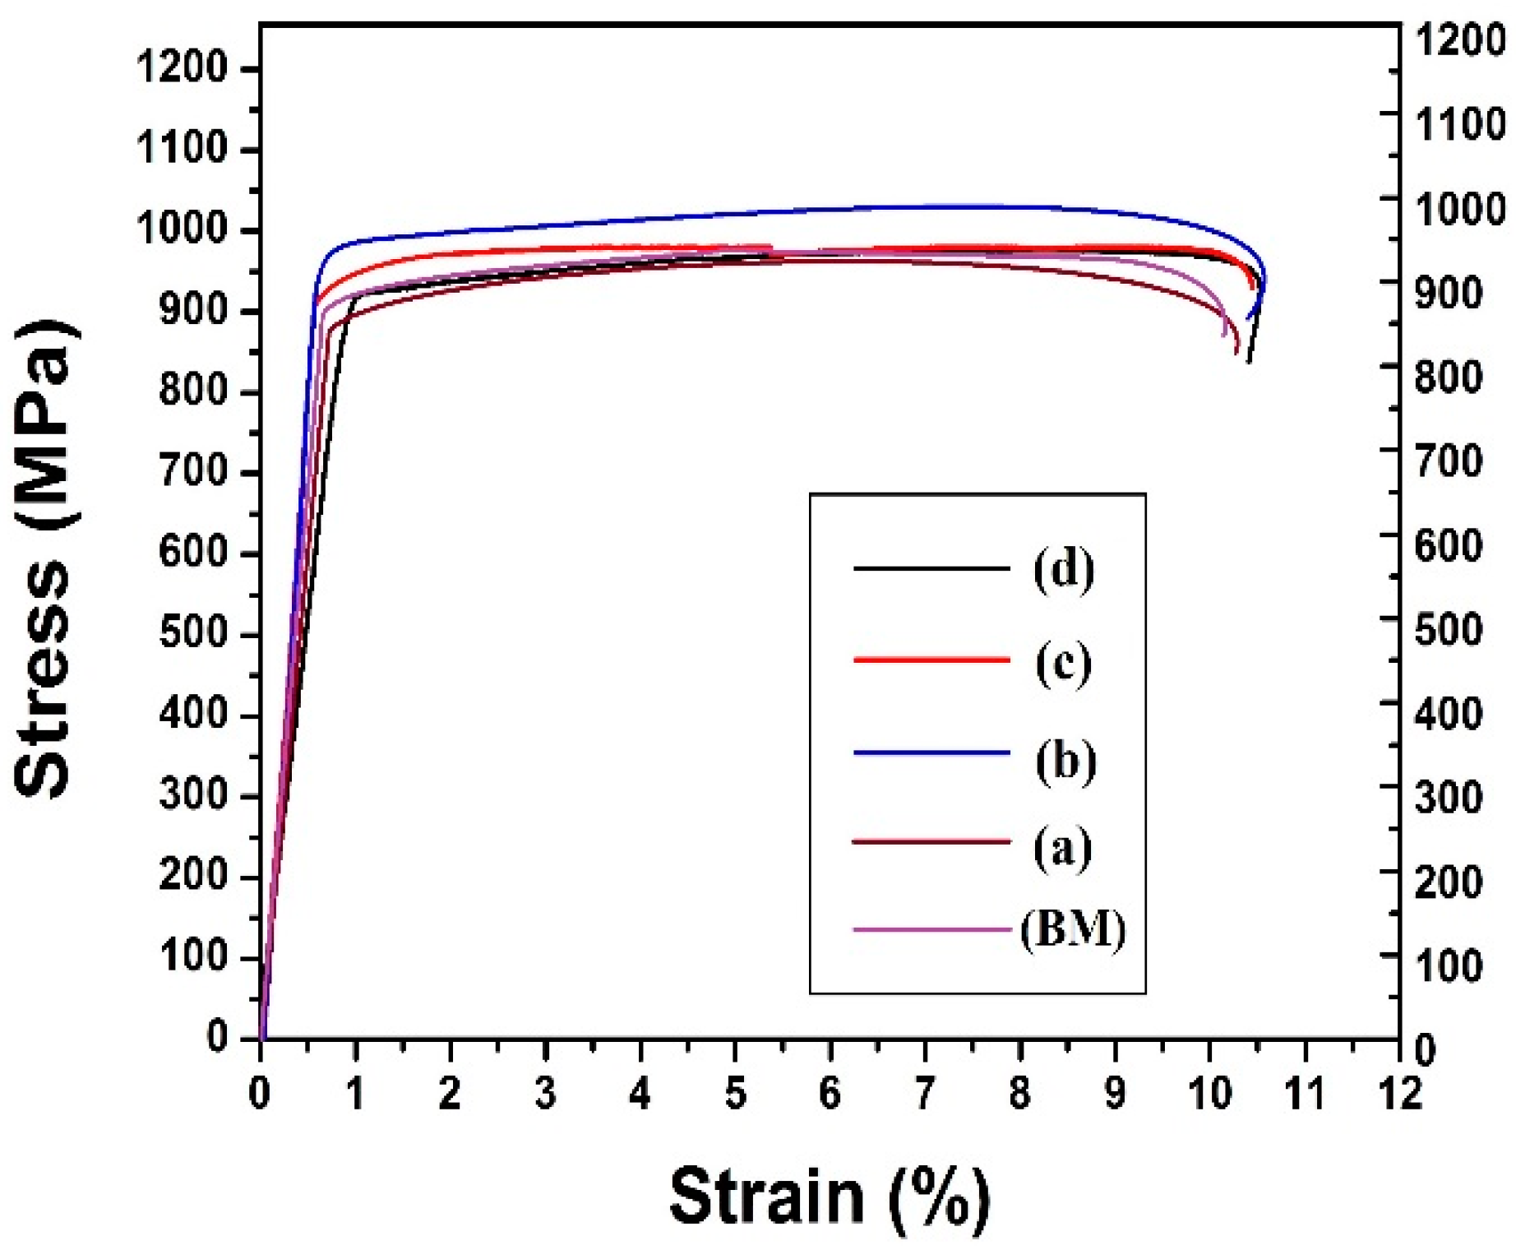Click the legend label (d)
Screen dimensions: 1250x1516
(x=1064, y=569)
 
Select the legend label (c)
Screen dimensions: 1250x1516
(x=1064, y=663)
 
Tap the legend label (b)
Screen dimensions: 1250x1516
(x=1065, y=761)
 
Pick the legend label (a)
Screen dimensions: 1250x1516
(x=1063, y=847)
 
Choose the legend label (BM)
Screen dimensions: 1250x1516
(x=1073, y=930)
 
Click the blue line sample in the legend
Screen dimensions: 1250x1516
(x=931, y=752)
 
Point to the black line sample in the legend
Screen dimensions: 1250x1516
(x=931, y=568)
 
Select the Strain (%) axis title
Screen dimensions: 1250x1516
(x=830, y=1197)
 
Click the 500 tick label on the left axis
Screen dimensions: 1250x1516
(x=193, y=634)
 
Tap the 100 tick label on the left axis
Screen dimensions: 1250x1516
(x=193, y=957)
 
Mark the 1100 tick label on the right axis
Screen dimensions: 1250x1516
(x=1460, y=124)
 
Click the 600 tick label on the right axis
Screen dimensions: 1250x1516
(x=1449, y=546)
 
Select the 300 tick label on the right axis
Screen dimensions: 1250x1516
(x=1449, y=798)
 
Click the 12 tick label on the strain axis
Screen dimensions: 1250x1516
(x=1398, y=1095)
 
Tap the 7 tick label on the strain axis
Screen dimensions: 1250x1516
(x=925, y=1095)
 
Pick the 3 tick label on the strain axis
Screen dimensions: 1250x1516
(x=545, y=1095)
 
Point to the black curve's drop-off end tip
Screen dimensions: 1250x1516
(x=1249, y=362)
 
